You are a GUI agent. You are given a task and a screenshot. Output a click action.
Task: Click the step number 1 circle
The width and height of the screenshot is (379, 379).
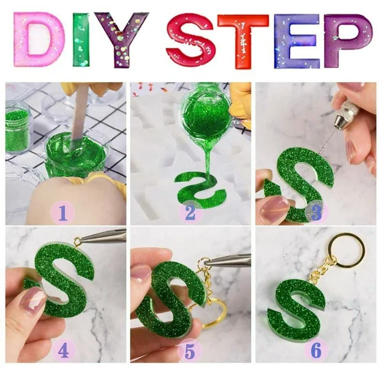point(63,213)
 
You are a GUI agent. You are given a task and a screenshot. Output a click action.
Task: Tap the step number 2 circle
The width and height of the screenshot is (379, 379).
point(190,213)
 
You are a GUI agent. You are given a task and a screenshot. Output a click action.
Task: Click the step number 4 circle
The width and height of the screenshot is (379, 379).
point(63,351)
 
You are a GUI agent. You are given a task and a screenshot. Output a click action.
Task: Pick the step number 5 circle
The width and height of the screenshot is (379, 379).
point(189,351)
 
